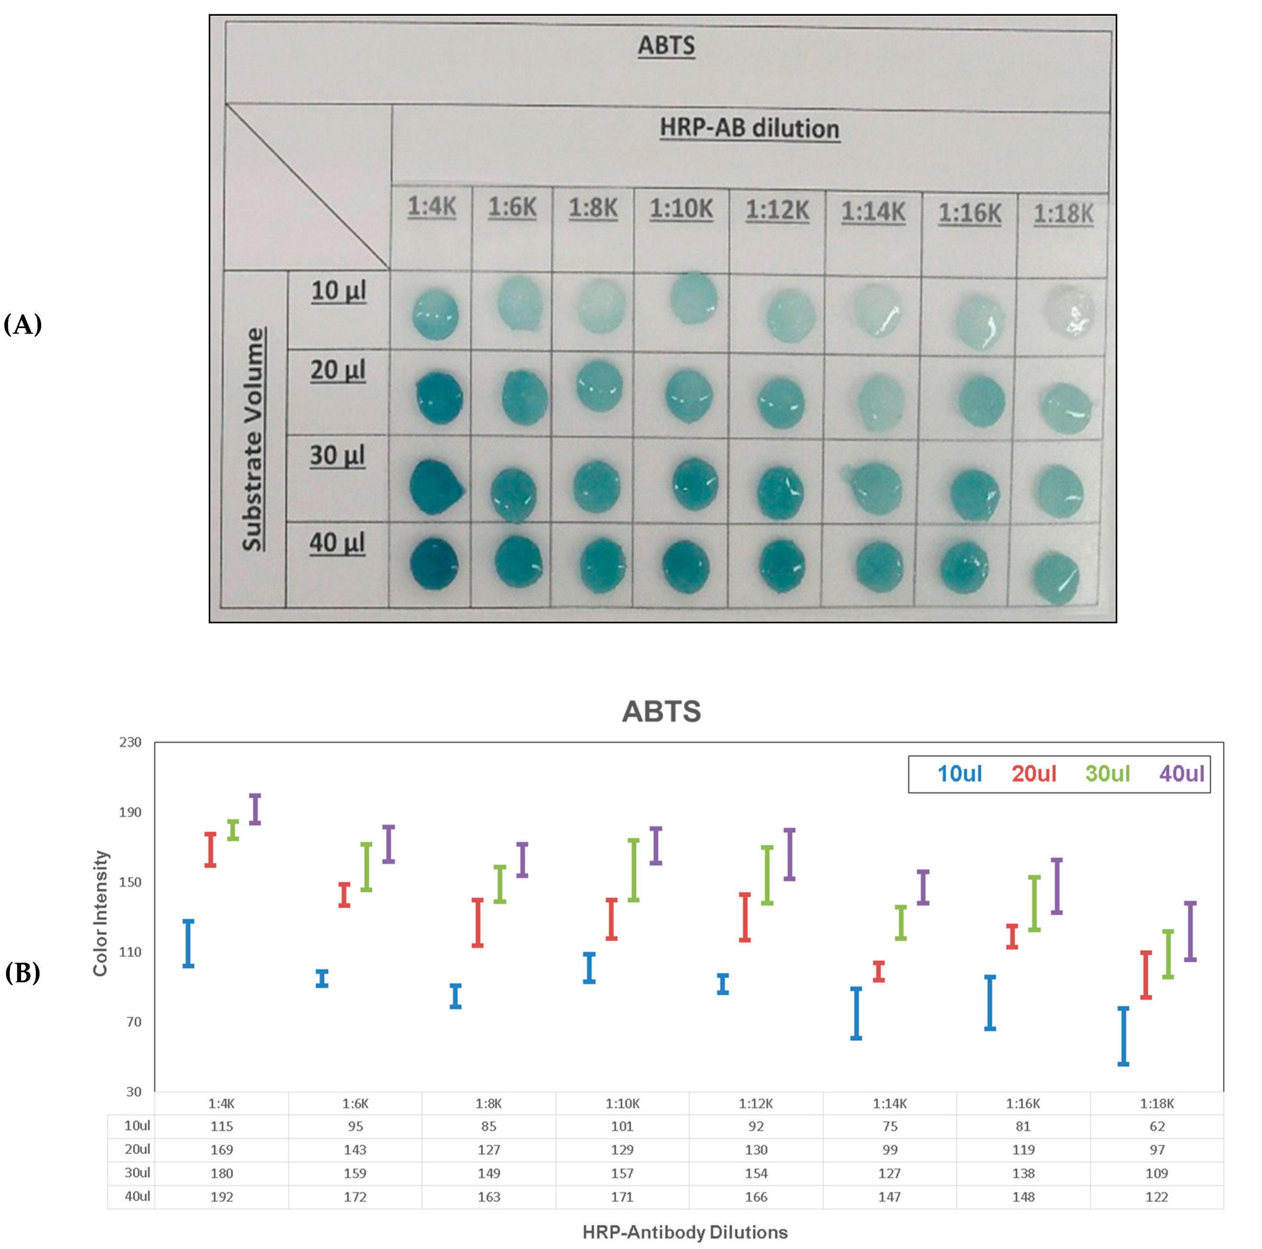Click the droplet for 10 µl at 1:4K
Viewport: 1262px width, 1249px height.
[435, 315]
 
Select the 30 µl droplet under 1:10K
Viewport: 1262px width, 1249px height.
[694, 484]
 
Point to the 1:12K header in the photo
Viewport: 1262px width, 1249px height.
[777, 211]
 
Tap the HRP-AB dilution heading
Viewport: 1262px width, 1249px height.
[749, 128]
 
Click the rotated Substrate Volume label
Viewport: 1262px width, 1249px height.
[254, 439]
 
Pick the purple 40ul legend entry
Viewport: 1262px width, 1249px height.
[1181, 774]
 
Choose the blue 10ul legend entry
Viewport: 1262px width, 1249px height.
[960, 774]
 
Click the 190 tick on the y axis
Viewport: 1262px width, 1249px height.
[131, 812]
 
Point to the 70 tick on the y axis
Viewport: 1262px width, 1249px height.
[133, 1022]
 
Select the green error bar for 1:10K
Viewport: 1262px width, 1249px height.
[634, 870]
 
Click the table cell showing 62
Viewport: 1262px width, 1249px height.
[1157, 1126]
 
